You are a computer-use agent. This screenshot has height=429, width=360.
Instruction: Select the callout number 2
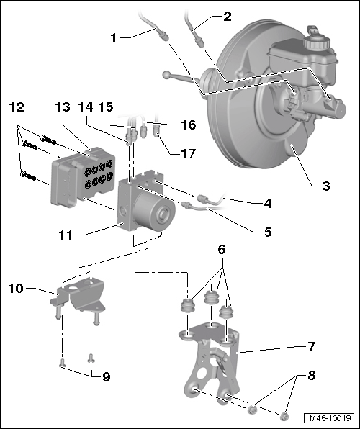pos(227,16)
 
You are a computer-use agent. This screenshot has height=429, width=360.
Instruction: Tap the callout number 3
pos(327,186)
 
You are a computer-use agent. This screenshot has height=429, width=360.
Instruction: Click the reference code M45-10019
pos(330,418)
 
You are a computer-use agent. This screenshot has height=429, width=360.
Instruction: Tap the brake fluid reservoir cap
pos(315,32)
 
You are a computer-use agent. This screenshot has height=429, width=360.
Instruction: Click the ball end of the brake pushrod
pos(167,74)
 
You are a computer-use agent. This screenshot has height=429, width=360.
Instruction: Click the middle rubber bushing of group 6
pos(212,297)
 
